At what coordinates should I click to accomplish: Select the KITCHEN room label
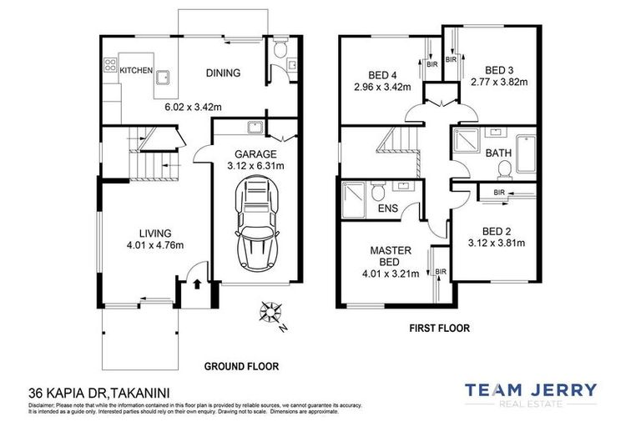pyautogui.click(x=136, y=71)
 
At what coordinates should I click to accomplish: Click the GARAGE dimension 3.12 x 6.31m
pyautogui.click(x=255, y=166)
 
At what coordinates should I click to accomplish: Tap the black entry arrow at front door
pyautogui.click(x=197, y=284)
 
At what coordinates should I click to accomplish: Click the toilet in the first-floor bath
pyautogui.click(x=503, y=169)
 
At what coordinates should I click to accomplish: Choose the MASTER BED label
pyautogui.click(x=387, y=255)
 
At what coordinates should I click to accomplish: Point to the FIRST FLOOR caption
pyautogui.click(x=439, y=329)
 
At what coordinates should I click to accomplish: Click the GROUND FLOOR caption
pyautogui.click(x=241, y=365)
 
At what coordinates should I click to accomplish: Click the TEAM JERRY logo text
pyautogui.click(x=530, y=389)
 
